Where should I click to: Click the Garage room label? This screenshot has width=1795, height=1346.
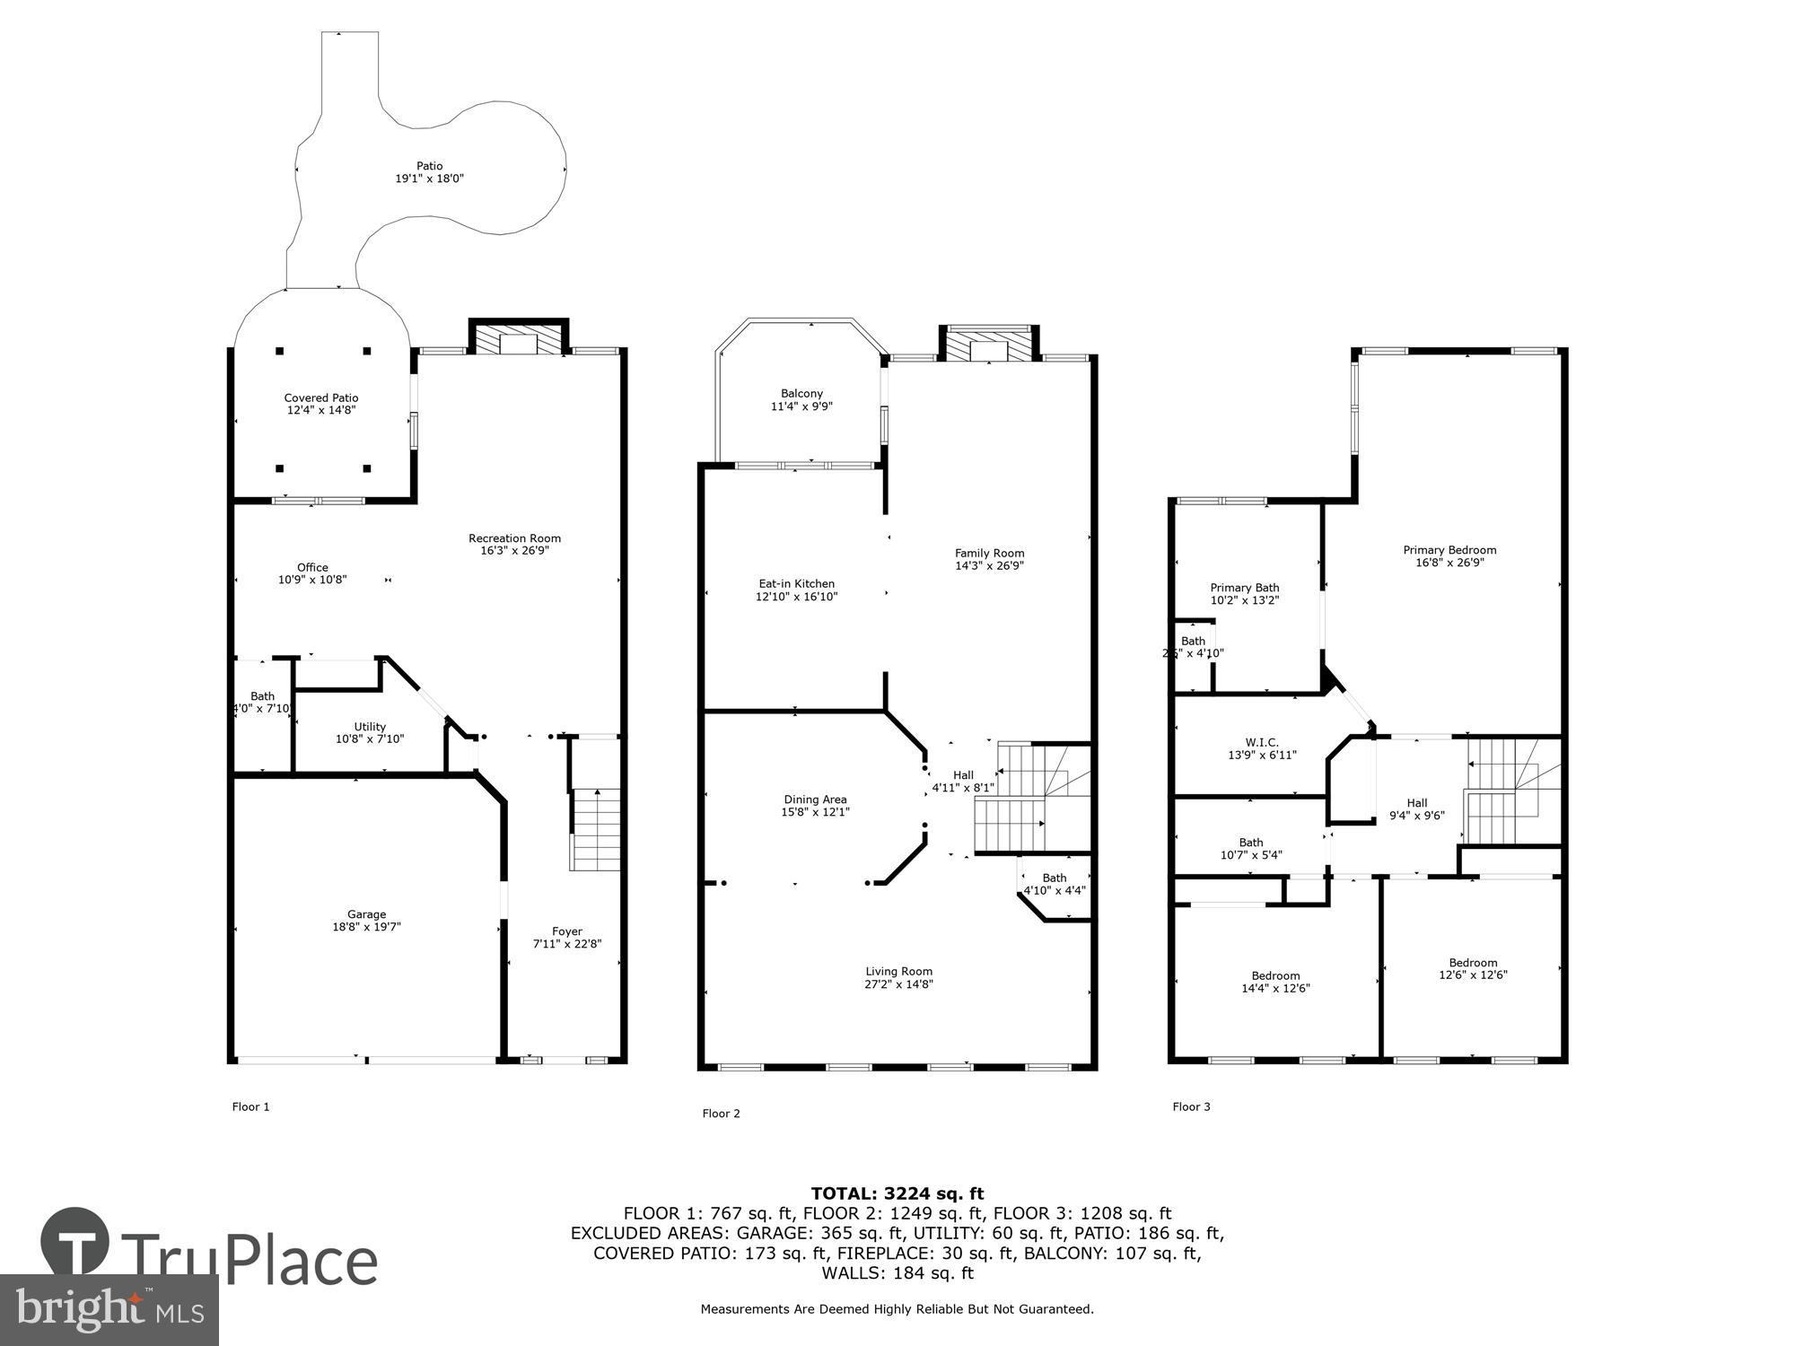366,921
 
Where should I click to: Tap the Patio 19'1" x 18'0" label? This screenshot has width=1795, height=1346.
429,172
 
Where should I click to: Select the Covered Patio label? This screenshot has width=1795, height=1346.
321,404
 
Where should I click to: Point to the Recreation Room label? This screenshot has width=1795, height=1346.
514,545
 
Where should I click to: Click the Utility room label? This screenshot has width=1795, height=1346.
370,733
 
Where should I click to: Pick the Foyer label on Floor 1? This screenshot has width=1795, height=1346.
567,938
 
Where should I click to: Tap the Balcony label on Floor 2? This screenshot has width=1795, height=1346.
801,399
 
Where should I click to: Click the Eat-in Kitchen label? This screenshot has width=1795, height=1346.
796,590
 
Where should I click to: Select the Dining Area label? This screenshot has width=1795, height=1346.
815,806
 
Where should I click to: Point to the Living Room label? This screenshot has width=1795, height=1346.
898,977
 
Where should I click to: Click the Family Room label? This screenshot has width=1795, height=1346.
989,559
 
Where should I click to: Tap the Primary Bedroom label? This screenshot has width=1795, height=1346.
1449,556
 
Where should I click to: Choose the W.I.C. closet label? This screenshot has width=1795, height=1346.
1262,748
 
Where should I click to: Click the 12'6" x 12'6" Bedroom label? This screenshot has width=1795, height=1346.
1473,968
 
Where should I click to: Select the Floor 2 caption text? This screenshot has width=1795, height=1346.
721,1114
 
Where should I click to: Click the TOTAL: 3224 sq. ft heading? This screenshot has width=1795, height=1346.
897,1193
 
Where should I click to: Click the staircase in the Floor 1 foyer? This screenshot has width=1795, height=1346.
595,830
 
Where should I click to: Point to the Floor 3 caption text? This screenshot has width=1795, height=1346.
1191,1106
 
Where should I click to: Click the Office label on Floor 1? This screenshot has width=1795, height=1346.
312,573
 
